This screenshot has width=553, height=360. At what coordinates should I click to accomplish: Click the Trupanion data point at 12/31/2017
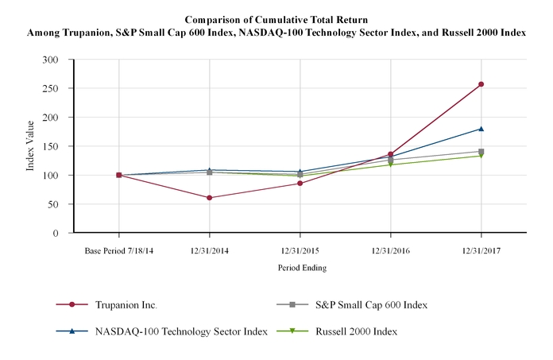click(481, 84)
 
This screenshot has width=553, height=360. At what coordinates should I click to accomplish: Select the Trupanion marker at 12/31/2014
click(209, 198)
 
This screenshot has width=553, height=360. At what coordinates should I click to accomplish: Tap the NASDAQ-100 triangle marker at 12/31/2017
click(481, 129)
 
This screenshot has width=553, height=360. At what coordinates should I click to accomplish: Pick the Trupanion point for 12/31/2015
click(300, 184)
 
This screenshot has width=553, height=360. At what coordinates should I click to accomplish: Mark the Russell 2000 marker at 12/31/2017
click(481, 156)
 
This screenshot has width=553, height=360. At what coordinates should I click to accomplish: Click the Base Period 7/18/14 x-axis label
click(118, 251)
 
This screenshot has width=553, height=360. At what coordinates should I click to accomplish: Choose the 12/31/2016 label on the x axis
click(390, 251)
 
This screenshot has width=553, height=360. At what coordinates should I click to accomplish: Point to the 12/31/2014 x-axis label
click(209, 251)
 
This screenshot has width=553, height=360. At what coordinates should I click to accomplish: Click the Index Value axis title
click(31, 146)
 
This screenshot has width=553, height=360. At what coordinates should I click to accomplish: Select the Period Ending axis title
click(300, 268)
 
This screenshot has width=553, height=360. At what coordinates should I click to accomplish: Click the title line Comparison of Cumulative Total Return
click(276, 18)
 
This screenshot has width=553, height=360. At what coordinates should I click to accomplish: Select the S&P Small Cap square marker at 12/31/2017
click(481, 152)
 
